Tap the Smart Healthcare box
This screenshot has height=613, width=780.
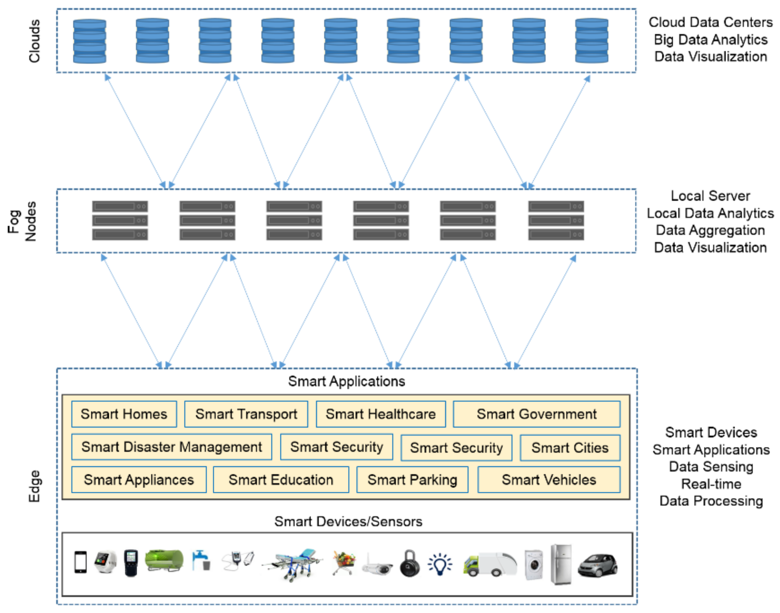(x=381, y=414)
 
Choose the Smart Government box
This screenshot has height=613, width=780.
(x=536, y=414)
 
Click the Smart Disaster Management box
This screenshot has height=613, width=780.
(x=171, y=447)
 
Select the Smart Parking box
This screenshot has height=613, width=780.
(x=412, y=480)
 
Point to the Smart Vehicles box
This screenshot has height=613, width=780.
(x=549, y=480)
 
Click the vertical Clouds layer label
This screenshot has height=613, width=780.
(x=35, y=41)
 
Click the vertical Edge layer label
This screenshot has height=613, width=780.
(x=35, y=486)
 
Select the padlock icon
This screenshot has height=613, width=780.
(x=410, y=564)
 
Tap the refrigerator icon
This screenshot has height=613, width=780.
(x=561, y=564)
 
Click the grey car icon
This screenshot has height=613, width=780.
(x=597, y=565)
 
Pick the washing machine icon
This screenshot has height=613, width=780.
(x=533, y=565)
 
